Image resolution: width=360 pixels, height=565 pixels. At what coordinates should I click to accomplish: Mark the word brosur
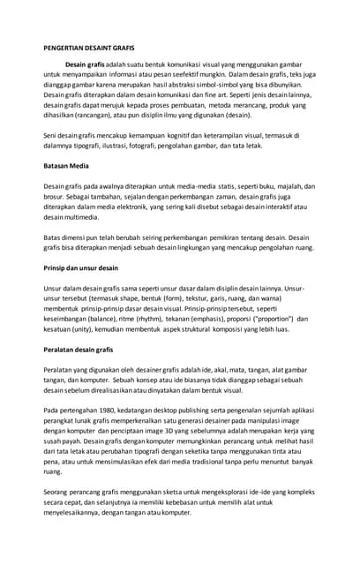coord(56,200)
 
